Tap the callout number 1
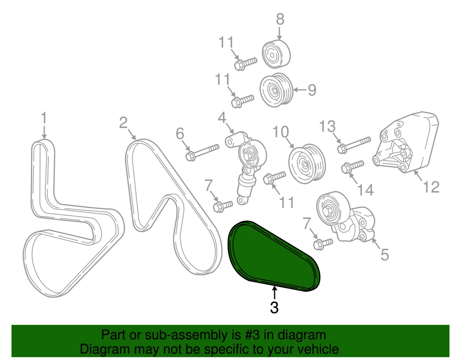click(x=44, y=118)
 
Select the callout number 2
click(x=124, y=123)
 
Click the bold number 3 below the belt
click(x=274, y=307)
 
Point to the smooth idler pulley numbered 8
click(x=276, y=54)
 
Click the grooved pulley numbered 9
click(x=276, y=90)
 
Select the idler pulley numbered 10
click(x=307, y=163)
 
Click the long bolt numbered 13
click(x=354, y=145)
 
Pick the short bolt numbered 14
click(x=353, y=166)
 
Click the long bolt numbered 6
click(x=202, y=152)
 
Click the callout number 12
click(x=431, y=187)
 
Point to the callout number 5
click(x=384, y=254)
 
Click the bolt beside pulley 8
click(x=245, y=64)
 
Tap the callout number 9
click(x=312, y=90)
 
